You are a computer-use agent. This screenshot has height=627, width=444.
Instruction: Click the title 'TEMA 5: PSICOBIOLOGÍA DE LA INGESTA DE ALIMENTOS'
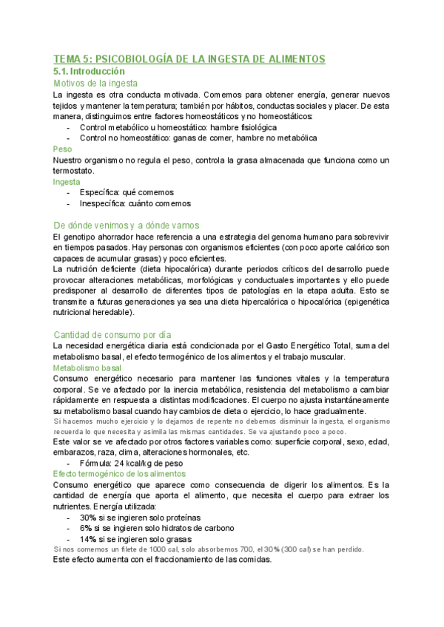189,58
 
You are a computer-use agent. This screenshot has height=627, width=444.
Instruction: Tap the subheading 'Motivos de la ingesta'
96,84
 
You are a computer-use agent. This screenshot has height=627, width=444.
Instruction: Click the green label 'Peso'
63,149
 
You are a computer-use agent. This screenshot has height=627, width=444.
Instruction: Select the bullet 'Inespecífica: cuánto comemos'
135,203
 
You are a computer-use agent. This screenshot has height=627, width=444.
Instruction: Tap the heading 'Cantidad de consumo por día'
124,334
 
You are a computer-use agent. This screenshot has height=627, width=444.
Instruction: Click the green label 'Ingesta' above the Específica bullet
67,181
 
